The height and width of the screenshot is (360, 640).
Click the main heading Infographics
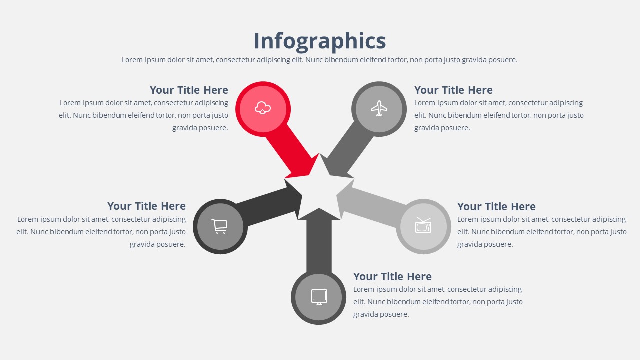click(x=320, y=41)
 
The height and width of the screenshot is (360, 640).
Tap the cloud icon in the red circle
click(x=263, y=108)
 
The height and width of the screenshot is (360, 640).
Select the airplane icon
click(x=379, y=108)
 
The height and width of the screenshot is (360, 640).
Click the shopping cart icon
click(x=219, y=226)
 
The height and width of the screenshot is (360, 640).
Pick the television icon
click(x=423, y=226)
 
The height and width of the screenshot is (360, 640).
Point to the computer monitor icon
click(x=319, y=297)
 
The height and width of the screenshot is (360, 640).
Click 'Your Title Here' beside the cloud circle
click(x=189, y=90)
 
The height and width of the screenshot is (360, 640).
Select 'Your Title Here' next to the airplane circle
click(x=453, y=90)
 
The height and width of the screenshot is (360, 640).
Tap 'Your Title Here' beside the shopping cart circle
click(x=146, y=206)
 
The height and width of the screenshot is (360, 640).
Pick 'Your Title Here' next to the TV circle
click(x=496, y=207)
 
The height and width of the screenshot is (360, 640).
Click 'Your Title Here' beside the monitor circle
click(x=392, y=277)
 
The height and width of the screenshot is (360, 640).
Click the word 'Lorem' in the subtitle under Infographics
click(x=132, y=60)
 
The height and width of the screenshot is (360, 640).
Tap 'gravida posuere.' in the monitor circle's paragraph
click(x=381, y=314)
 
